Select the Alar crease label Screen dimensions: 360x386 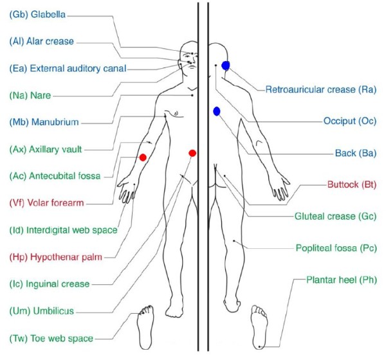point(42,42)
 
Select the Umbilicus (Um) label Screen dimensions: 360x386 point(42,311)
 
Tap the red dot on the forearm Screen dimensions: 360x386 point(143,157)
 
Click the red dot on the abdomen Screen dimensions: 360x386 point(192,152)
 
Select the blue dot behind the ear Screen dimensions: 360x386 point(225,65)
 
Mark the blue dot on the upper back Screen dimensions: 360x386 point(217,111)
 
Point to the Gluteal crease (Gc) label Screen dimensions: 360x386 point(335,217)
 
